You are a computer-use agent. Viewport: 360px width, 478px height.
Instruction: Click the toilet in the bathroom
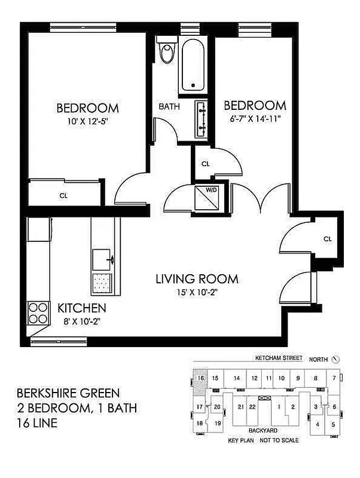(x=167, y=52)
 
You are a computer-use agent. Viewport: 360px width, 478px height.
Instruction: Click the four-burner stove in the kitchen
(x=38, y=311)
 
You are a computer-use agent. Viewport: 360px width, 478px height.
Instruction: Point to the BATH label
(x=169, y=107)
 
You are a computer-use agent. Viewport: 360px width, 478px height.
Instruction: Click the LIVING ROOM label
(x=197, y=278)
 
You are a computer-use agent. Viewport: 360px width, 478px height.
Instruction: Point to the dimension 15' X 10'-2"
(x=197, y=292)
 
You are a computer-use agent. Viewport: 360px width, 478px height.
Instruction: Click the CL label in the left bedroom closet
(x=63, y=194)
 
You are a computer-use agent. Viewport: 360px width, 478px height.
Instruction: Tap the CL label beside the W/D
(x=205, y=163)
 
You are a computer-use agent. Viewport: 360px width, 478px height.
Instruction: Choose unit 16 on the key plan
(x=201, y=378)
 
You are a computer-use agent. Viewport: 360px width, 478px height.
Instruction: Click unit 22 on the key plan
(x=252, y=407)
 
